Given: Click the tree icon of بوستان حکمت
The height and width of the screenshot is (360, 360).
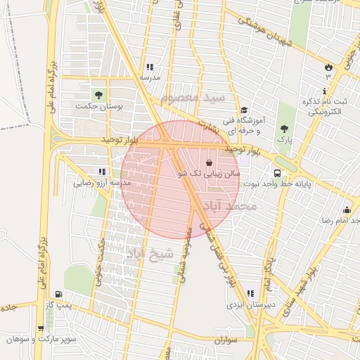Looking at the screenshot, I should (x=98, y=95).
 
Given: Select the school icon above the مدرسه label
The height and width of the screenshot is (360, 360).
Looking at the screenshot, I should (x=148, y=66).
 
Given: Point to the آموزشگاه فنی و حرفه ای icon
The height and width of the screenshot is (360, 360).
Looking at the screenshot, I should (x=244, y=110).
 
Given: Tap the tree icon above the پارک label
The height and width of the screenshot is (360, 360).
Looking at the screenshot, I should (x=284, y=129).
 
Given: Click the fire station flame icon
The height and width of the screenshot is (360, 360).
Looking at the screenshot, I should (x=328, y=66).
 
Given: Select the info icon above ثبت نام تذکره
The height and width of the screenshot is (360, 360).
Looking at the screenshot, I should (x=323, y=91).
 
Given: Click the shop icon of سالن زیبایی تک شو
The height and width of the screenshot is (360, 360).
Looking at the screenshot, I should (x=209, y=162).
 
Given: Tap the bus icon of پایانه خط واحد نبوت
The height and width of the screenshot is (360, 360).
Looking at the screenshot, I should (x=277, y=172).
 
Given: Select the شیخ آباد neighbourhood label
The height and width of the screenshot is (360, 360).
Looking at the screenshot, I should (x=148, y=254).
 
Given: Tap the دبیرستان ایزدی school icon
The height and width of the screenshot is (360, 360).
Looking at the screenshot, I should (x=250, y=293).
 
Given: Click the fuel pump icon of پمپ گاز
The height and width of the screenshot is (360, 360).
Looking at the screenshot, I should (x=58, y=294).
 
